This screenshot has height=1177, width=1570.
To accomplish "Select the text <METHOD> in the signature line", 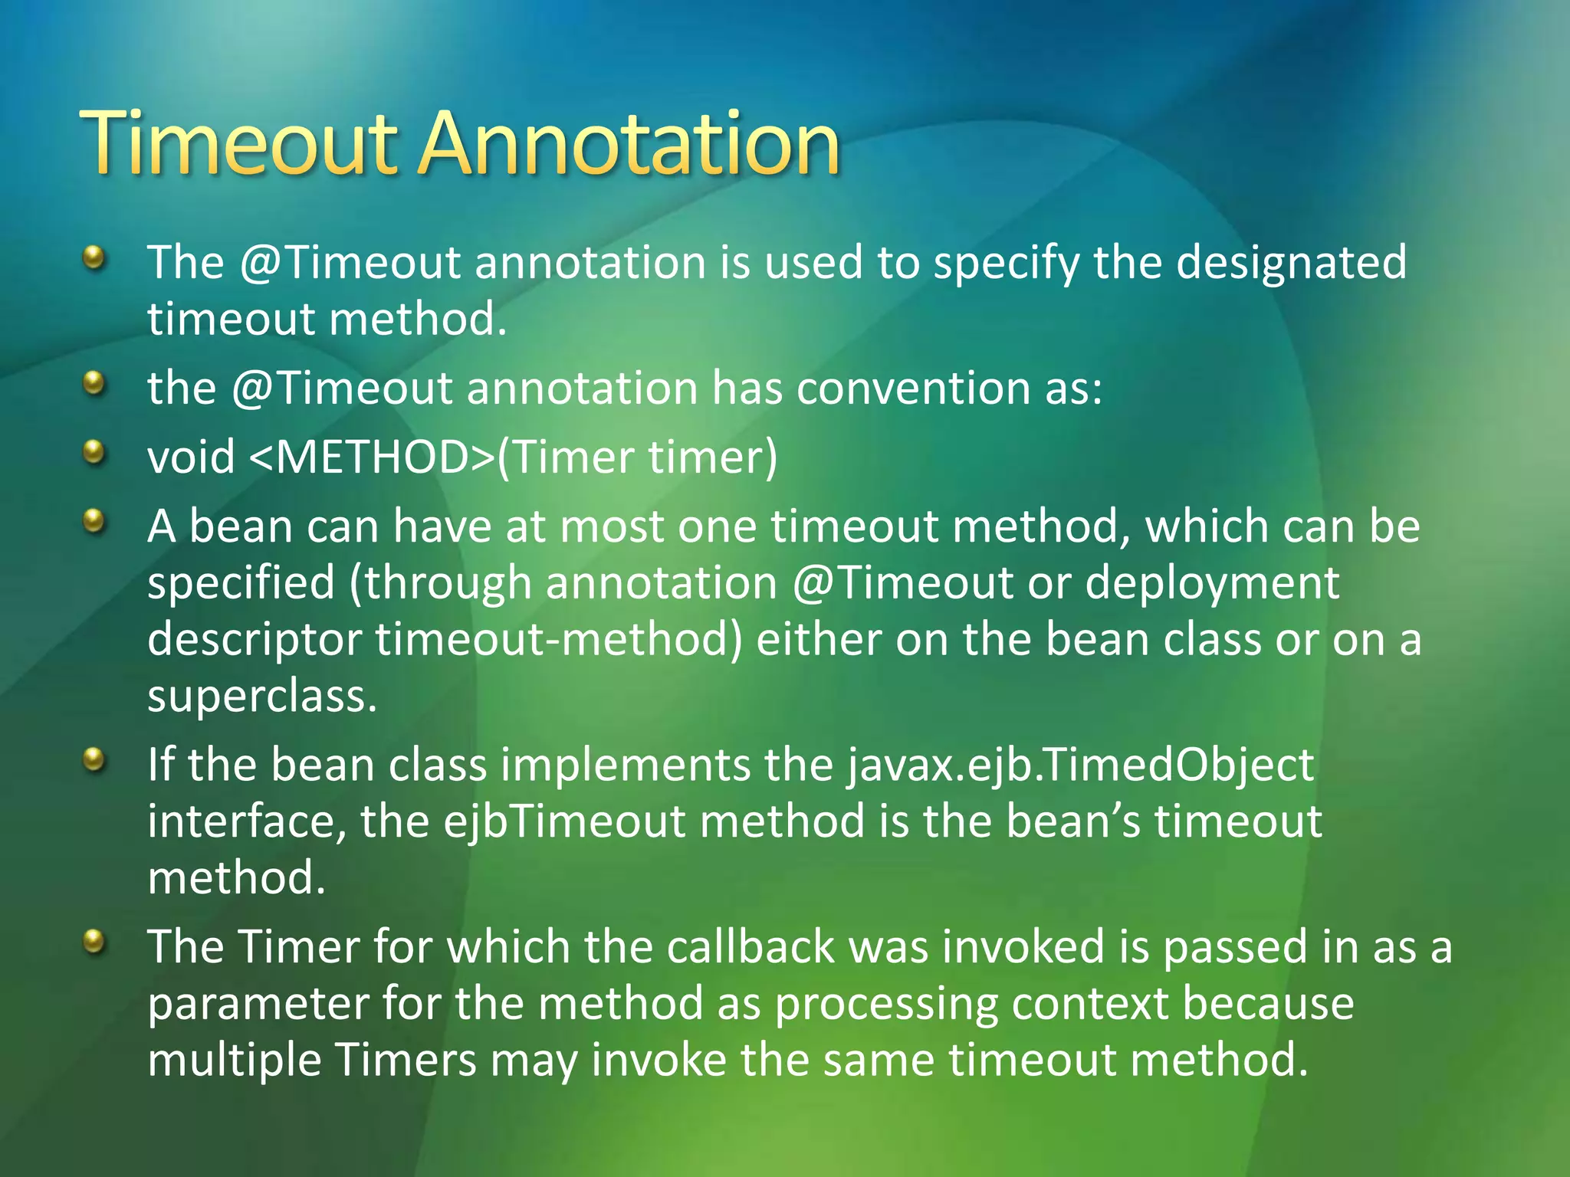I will pyautogui.click(x=373, y=457).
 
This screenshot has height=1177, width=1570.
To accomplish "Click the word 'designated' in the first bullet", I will pyautogui.click(x=1292, y=263).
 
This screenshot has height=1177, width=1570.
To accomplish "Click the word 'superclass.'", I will pyautogui.click(x=262, y=697).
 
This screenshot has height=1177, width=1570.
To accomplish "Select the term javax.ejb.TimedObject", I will pyautogui.click(x=1081, y=766).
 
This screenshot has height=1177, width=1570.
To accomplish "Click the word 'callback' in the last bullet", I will pyautogui.click(x=750, y=947).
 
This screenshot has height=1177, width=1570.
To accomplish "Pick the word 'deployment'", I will pyautogui.click(x=1212, y=584).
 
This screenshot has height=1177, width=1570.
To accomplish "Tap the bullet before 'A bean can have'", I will pyautogui.click(x=94, y=521).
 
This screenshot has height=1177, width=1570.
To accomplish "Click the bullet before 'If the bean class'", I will pyautogui.click(x=94, y=759).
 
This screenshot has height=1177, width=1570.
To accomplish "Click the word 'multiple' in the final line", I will pyautogui.click(x=235, y=1061).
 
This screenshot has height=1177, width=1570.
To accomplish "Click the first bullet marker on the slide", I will pyautogui.click(x=94, y=257).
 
